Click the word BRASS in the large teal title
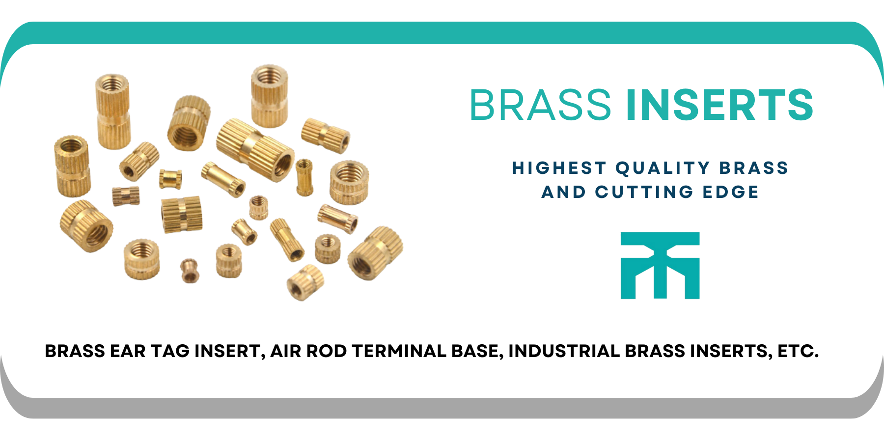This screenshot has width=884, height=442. tap(540, 105)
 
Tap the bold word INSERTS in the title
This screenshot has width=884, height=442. tap(720, 105)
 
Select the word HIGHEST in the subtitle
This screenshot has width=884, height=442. tap(559, 168)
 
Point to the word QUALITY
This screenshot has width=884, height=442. tap(663, 168)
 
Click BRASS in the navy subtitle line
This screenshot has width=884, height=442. tap(754, 168)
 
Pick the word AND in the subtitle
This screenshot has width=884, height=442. tap(564, 192)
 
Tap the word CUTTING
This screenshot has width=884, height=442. tap(644, 192)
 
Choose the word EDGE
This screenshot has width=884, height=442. tap(731, 192)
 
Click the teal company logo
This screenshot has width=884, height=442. tap(660, 265)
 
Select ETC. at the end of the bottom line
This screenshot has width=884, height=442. tap(798, 351)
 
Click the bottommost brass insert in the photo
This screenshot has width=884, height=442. tap(305, 282)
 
